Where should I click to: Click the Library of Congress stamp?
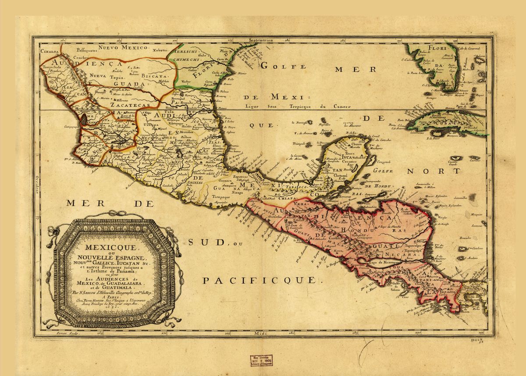click(262, 360)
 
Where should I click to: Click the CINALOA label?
click(50, 50)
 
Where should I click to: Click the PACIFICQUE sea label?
click(259, 279)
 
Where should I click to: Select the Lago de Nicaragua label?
click(385, 261)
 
